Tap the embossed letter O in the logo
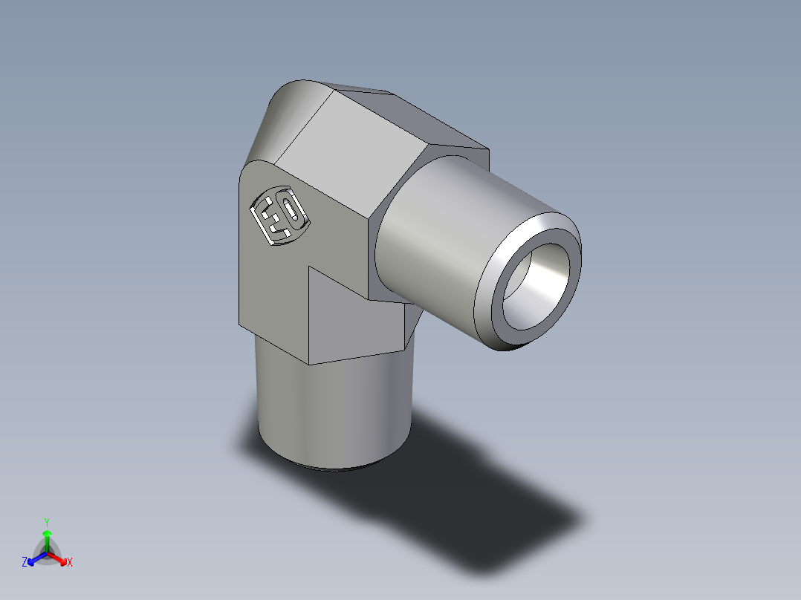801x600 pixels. click(x=293, y=212)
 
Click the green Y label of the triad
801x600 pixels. click(x=46, y=522)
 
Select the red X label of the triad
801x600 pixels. click(x=70, y=563)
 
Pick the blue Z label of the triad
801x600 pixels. click(x=25, y=563)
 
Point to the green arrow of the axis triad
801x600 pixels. click(x=46, y=538)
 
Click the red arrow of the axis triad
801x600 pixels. click(x=59, y=557)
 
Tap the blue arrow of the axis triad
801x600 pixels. click(x=33, y=558)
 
